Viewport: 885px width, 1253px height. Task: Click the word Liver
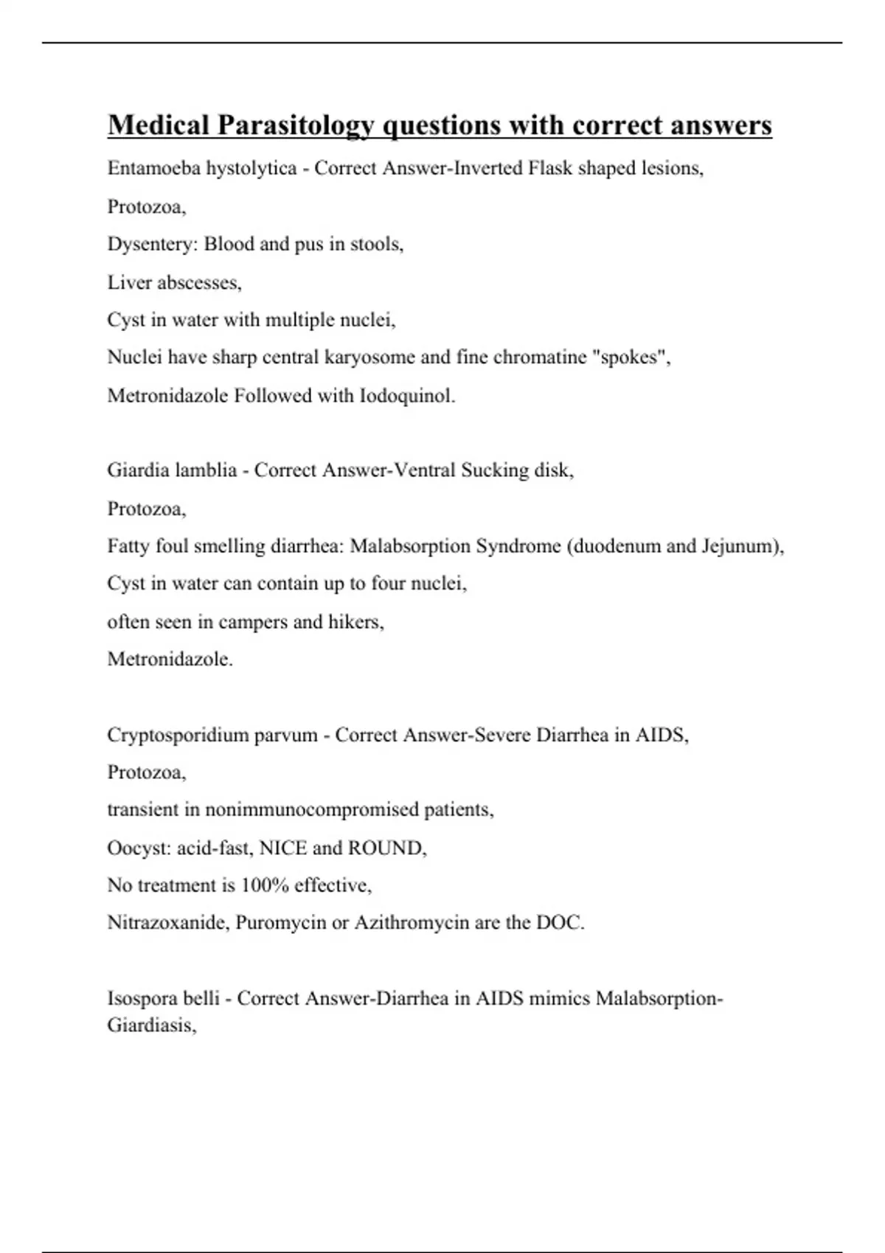pyautogui.click(x=129, y=282)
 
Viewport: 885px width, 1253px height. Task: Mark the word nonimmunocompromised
pyautogui.click(x=312, y=810)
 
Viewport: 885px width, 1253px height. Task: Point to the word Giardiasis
pyautogui.click(x=151, y=1025)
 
